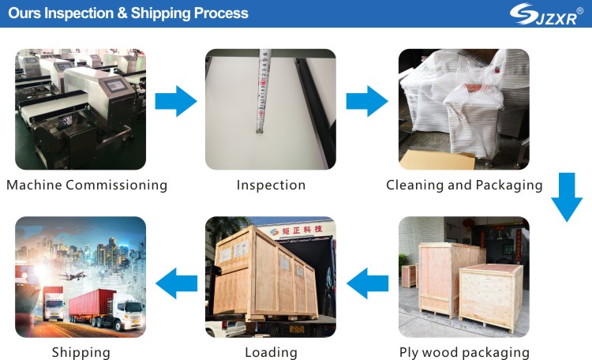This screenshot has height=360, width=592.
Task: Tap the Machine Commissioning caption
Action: [87, 186]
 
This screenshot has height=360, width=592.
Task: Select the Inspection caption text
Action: [271, 186]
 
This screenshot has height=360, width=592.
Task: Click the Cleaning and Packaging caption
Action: [464, 186]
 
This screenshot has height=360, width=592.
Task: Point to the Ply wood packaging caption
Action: [464, 352]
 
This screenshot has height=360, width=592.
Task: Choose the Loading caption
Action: [271, 352]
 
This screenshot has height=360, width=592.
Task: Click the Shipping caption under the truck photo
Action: [81, 352]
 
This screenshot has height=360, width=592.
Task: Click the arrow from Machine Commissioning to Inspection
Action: [175, 101]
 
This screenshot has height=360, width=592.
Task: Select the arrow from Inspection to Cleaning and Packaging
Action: [367, 101]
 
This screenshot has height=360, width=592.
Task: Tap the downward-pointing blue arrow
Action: [567, 197]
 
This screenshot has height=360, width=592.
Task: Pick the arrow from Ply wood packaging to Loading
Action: [368, 283]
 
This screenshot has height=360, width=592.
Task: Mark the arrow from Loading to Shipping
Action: [175, 283]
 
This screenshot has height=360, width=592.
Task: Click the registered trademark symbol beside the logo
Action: [580, 9]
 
